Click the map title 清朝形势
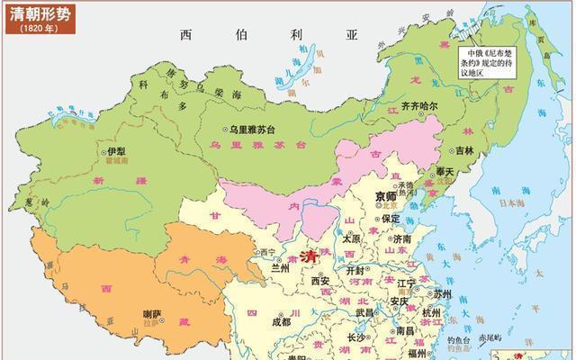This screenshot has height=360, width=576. [x=40, y=13]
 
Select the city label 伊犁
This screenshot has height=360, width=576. [x=116, y=152]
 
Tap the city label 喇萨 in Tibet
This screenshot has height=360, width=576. [x=154, y=313]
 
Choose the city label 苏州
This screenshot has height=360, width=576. [x=442, y=294]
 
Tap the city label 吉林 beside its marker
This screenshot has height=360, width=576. [x=462, y=150]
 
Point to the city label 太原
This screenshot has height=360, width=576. [x=349, y=239]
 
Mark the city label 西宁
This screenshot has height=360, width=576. [x=267, y=253]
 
